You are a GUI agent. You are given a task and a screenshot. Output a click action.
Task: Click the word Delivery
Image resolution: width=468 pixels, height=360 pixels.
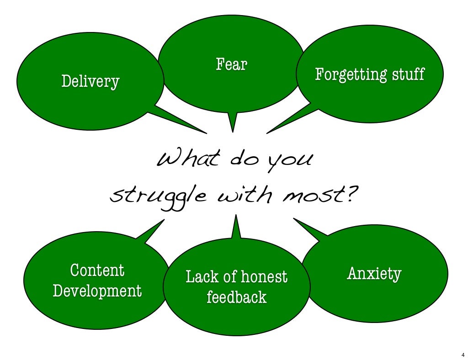(x=90, y=82)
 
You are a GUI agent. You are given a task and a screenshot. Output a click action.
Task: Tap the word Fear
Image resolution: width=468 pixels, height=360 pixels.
(x=231, y=64)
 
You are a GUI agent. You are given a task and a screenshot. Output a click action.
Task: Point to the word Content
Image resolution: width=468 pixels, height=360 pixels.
(x=97, y=270)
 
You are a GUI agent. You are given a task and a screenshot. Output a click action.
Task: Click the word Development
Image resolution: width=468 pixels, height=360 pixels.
(x=97, y=291)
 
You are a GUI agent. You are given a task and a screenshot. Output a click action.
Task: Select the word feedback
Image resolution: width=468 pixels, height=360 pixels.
(x=236, y=297)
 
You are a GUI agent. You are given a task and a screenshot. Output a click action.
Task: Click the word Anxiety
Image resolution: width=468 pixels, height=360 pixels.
(x=374, y=274)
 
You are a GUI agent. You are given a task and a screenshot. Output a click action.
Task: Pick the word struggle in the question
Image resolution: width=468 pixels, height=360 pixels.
(x=155, y=197)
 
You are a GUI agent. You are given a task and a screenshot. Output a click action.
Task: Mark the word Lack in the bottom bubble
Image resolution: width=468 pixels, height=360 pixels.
(x=199, y=277)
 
